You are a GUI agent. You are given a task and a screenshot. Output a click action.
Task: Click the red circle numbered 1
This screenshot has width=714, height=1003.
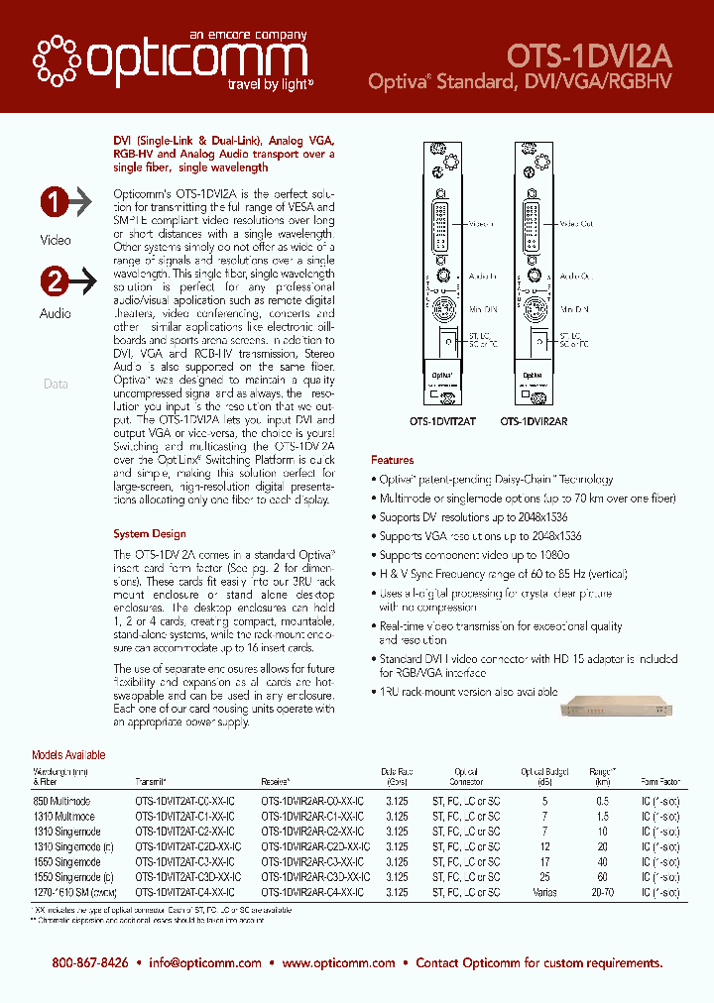tap(54, 203)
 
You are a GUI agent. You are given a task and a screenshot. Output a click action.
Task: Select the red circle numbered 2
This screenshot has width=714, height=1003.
tap(54, 281)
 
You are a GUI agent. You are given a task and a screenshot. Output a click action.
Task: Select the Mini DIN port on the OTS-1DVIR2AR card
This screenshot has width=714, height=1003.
tap(535, 308)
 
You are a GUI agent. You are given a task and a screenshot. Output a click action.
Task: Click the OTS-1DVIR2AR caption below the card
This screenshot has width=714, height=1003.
tap(534, 420)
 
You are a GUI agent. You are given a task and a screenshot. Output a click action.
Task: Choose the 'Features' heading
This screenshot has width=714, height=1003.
tap(392, 460)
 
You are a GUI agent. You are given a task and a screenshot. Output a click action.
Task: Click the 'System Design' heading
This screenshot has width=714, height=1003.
tap(150, 533)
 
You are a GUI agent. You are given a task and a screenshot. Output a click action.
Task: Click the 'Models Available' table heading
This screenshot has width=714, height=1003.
tap(68, 755)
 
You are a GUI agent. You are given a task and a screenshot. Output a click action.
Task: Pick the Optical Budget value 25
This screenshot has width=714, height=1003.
tap(543, 878)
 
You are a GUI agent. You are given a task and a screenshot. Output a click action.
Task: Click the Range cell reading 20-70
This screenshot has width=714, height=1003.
tap(602, 893)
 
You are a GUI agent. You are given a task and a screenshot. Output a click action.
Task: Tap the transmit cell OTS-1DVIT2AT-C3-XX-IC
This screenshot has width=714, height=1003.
tap(184, 862)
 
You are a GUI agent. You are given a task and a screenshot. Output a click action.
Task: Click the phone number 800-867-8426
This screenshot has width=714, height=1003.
tap(90, 963)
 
